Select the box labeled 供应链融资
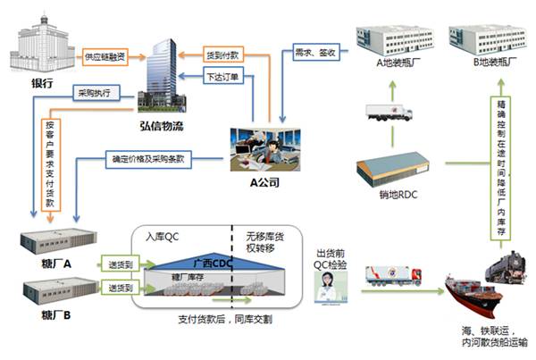coord(105,56)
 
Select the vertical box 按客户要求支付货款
coord(51,163)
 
